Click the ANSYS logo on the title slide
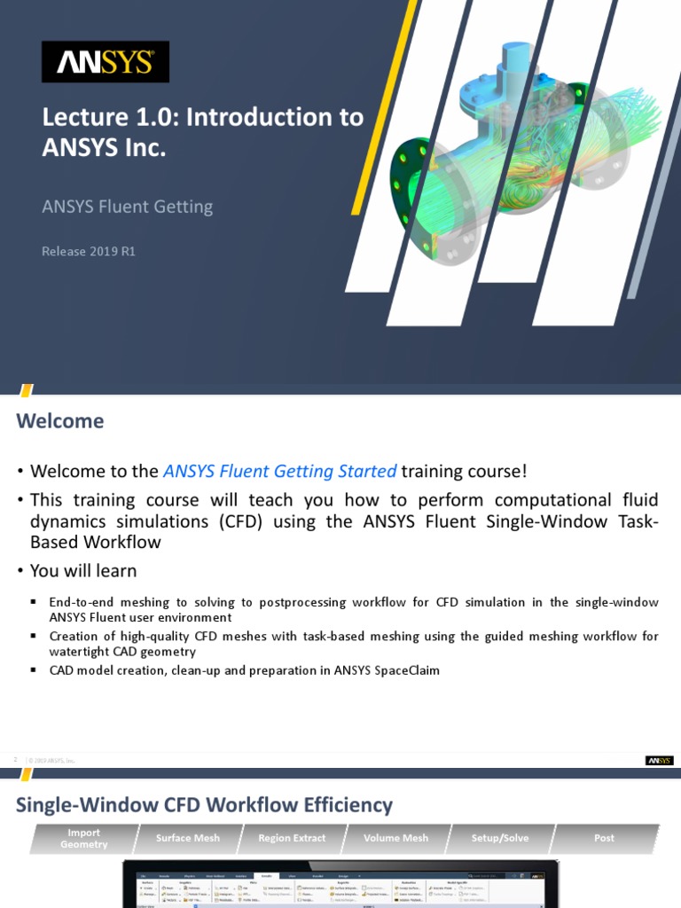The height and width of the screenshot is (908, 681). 106,62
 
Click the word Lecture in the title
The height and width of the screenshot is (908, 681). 82,117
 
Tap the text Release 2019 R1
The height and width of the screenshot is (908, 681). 89,251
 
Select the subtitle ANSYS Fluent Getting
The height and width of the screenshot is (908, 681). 128,207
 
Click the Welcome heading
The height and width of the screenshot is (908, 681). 59,421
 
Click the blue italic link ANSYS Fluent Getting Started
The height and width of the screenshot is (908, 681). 280,471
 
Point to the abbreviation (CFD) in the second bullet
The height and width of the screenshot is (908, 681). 239,521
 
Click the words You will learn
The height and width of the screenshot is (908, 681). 83,570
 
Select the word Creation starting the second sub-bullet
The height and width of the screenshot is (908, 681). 73,637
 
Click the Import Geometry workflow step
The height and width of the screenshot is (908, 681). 83,838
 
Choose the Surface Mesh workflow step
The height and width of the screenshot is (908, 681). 188,838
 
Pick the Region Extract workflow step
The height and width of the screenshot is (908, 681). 292,838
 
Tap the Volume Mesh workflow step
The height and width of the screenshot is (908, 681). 396,838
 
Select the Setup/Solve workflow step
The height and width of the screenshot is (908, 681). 500,838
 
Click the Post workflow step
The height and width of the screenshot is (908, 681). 604,838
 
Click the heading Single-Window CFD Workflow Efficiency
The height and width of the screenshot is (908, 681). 204,804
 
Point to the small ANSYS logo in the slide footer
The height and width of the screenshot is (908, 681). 659,761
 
